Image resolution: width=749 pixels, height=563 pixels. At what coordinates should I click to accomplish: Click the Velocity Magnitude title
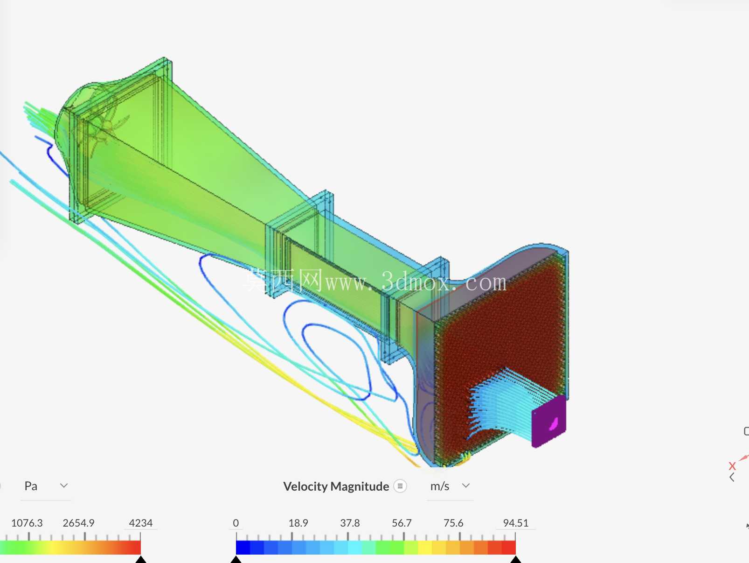coord(336,486)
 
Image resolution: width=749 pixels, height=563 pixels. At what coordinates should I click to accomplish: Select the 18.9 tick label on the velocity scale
coord(298,523)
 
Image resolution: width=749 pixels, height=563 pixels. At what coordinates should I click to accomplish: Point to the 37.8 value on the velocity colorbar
coord(350,523)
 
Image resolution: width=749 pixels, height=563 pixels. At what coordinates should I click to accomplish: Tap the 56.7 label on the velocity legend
coord(402,523)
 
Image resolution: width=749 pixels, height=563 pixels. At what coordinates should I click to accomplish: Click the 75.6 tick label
coord(453,523)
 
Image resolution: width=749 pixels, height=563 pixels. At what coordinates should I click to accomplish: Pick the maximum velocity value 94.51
coord(515,523)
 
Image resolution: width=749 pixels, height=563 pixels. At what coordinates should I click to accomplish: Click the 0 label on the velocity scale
coord(236,523)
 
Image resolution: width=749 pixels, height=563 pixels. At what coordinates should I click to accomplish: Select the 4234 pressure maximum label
coord(140,523)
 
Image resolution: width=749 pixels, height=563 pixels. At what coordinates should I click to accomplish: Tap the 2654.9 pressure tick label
coord(78,523)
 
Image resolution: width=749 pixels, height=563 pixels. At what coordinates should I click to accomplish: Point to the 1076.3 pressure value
coord(27,523)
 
